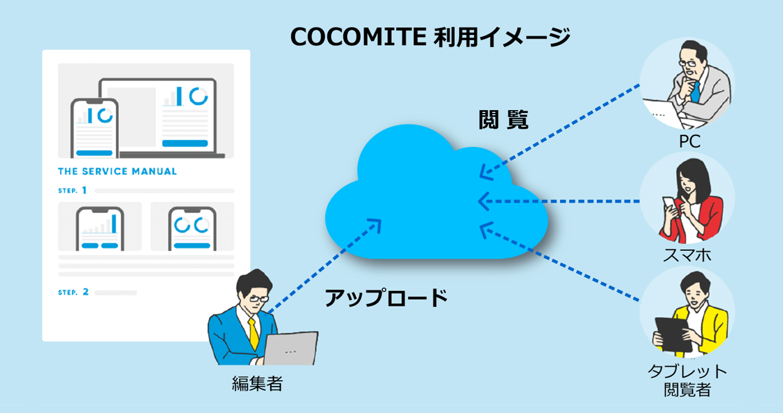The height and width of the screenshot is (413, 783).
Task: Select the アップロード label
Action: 386,297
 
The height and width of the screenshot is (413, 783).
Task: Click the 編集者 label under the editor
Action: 257,384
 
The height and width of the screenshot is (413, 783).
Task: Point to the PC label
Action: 690,142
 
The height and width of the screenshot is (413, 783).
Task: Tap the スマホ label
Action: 687,256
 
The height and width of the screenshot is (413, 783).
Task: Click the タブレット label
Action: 687,371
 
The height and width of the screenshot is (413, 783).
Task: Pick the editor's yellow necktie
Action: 253,334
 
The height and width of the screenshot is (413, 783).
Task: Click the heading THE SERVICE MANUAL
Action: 117,171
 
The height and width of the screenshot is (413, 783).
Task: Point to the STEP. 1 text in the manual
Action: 73,190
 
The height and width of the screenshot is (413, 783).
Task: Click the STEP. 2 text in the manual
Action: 73,292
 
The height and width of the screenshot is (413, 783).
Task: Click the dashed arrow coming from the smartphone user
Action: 559,201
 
